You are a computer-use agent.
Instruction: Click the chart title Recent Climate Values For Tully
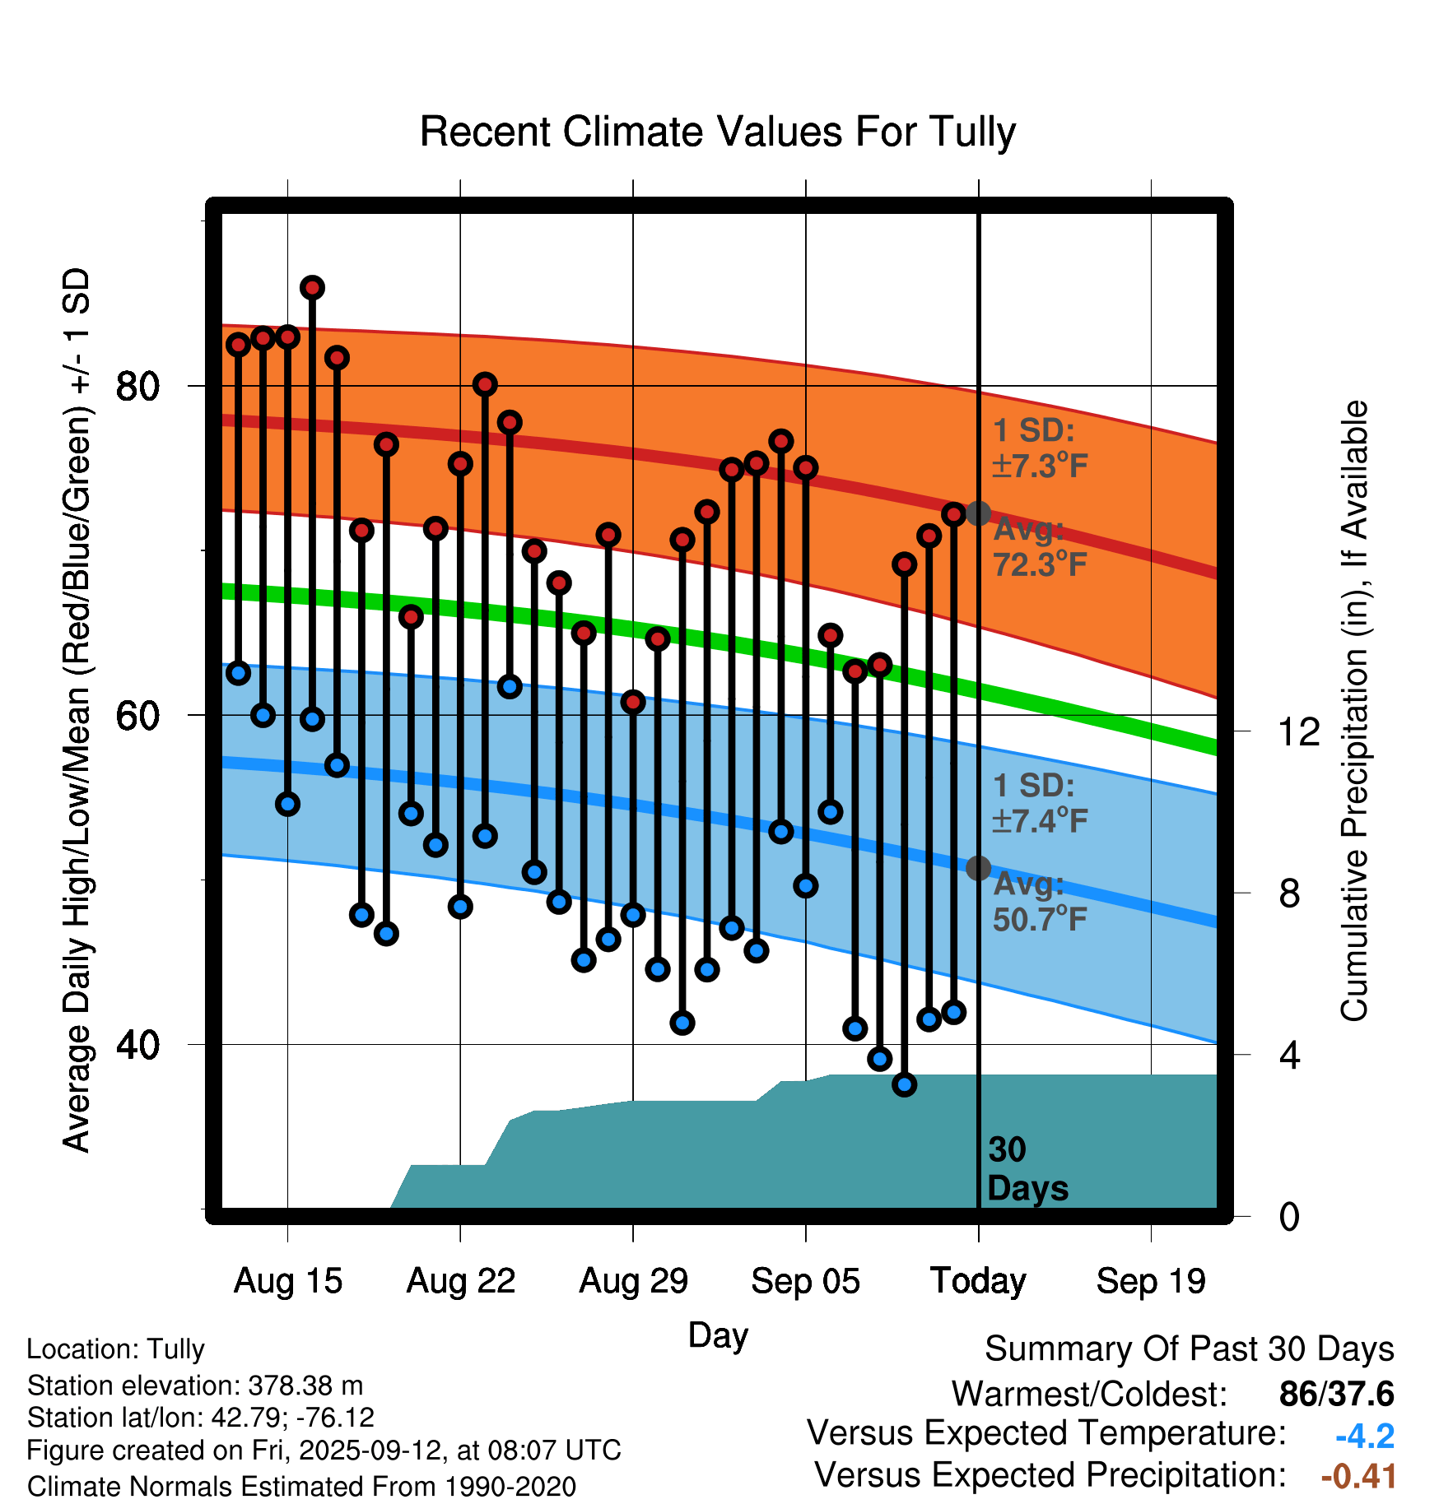[x=718, y=132]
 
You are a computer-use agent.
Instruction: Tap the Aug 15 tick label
[x=287, y=1281]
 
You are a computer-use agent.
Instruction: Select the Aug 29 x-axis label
[x=633, y=1281]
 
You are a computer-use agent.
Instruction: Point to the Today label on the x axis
[x=978, y=1281]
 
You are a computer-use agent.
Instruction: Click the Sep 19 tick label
[x=1151, y=1281]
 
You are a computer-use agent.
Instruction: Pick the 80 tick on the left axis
[x=137, y=386]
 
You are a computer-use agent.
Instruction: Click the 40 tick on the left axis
[x=137, y=1045]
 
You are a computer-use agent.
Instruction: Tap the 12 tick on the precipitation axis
[x=1298, y=731]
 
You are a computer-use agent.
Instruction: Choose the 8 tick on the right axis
[x=1289, y=893]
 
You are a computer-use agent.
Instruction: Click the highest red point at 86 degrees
[x=312, y=288]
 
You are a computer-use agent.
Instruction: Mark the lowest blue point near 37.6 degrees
[x=905, y=1084]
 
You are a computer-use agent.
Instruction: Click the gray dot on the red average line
[x=978, y=513]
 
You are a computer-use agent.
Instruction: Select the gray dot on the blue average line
[x=978, y=867]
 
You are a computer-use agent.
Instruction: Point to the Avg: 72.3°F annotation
[x=1039, y=547]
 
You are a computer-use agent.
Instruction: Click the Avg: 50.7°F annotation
[x=1039, y=902]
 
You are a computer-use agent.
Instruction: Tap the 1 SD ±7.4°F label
[x=1039, y=803]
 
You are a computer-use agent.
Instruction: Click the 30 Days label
[x=1027, y=1169]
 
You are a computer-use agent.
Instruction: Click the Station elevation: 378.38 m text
[x=195, y=1386]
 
